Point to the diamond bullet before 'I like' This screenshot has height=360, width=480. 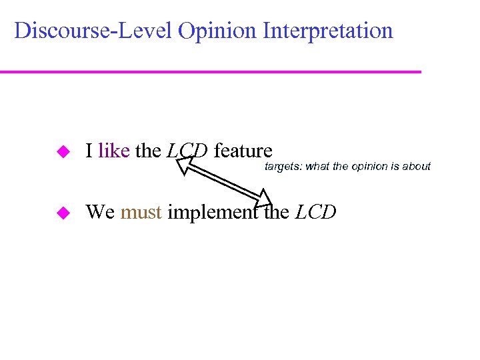[63, 152]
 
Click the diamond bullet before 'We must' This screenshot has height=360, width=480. [63, 213]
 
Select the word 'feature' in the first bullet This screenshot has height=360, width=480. [243, 151]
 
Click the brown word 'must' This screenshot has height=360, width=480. [141, 213]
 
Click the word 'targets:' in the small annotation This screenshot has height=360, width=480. [283, 167]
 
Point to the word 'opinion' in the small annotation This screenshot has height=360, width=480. [371, 167]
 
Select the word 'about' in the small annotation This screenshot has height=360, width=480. [417, 167]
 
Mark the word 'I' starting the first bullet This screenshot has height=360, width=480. [89, 151]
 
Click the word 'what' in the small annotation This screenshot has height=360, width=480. [317, 167]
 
